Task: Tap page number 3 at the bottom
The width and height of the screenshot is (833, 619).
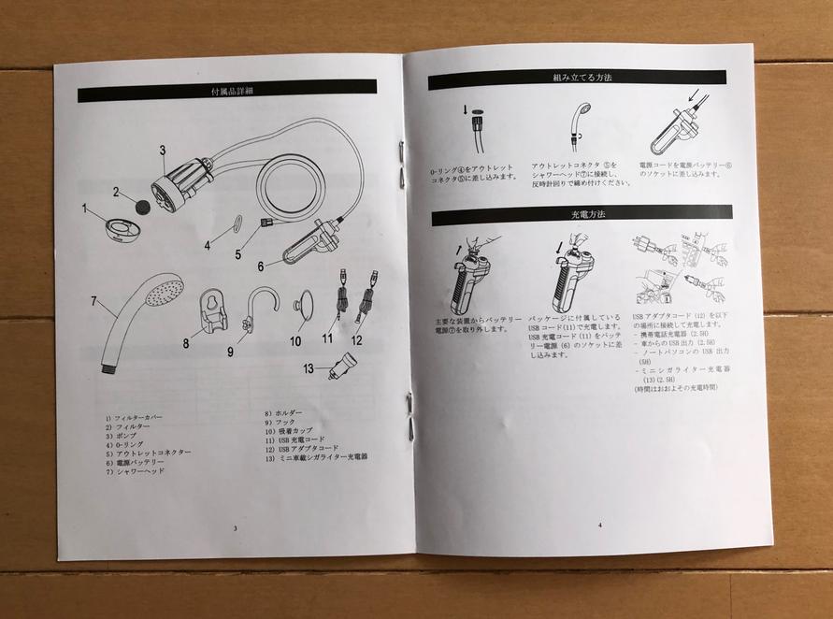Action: (236, 528)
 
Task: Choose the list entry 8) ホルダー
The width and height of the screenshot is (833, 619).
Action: (285, 412)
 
